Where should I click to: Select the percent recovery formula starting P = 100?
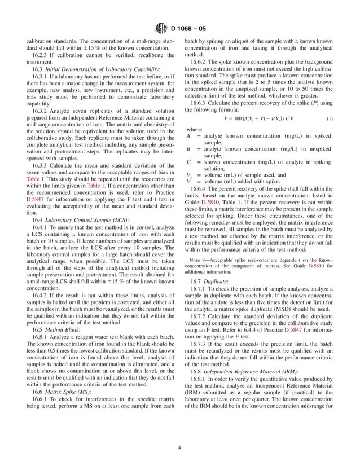(x=256, y=119)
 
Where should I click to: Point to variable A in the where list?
(x=188, y=136)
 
